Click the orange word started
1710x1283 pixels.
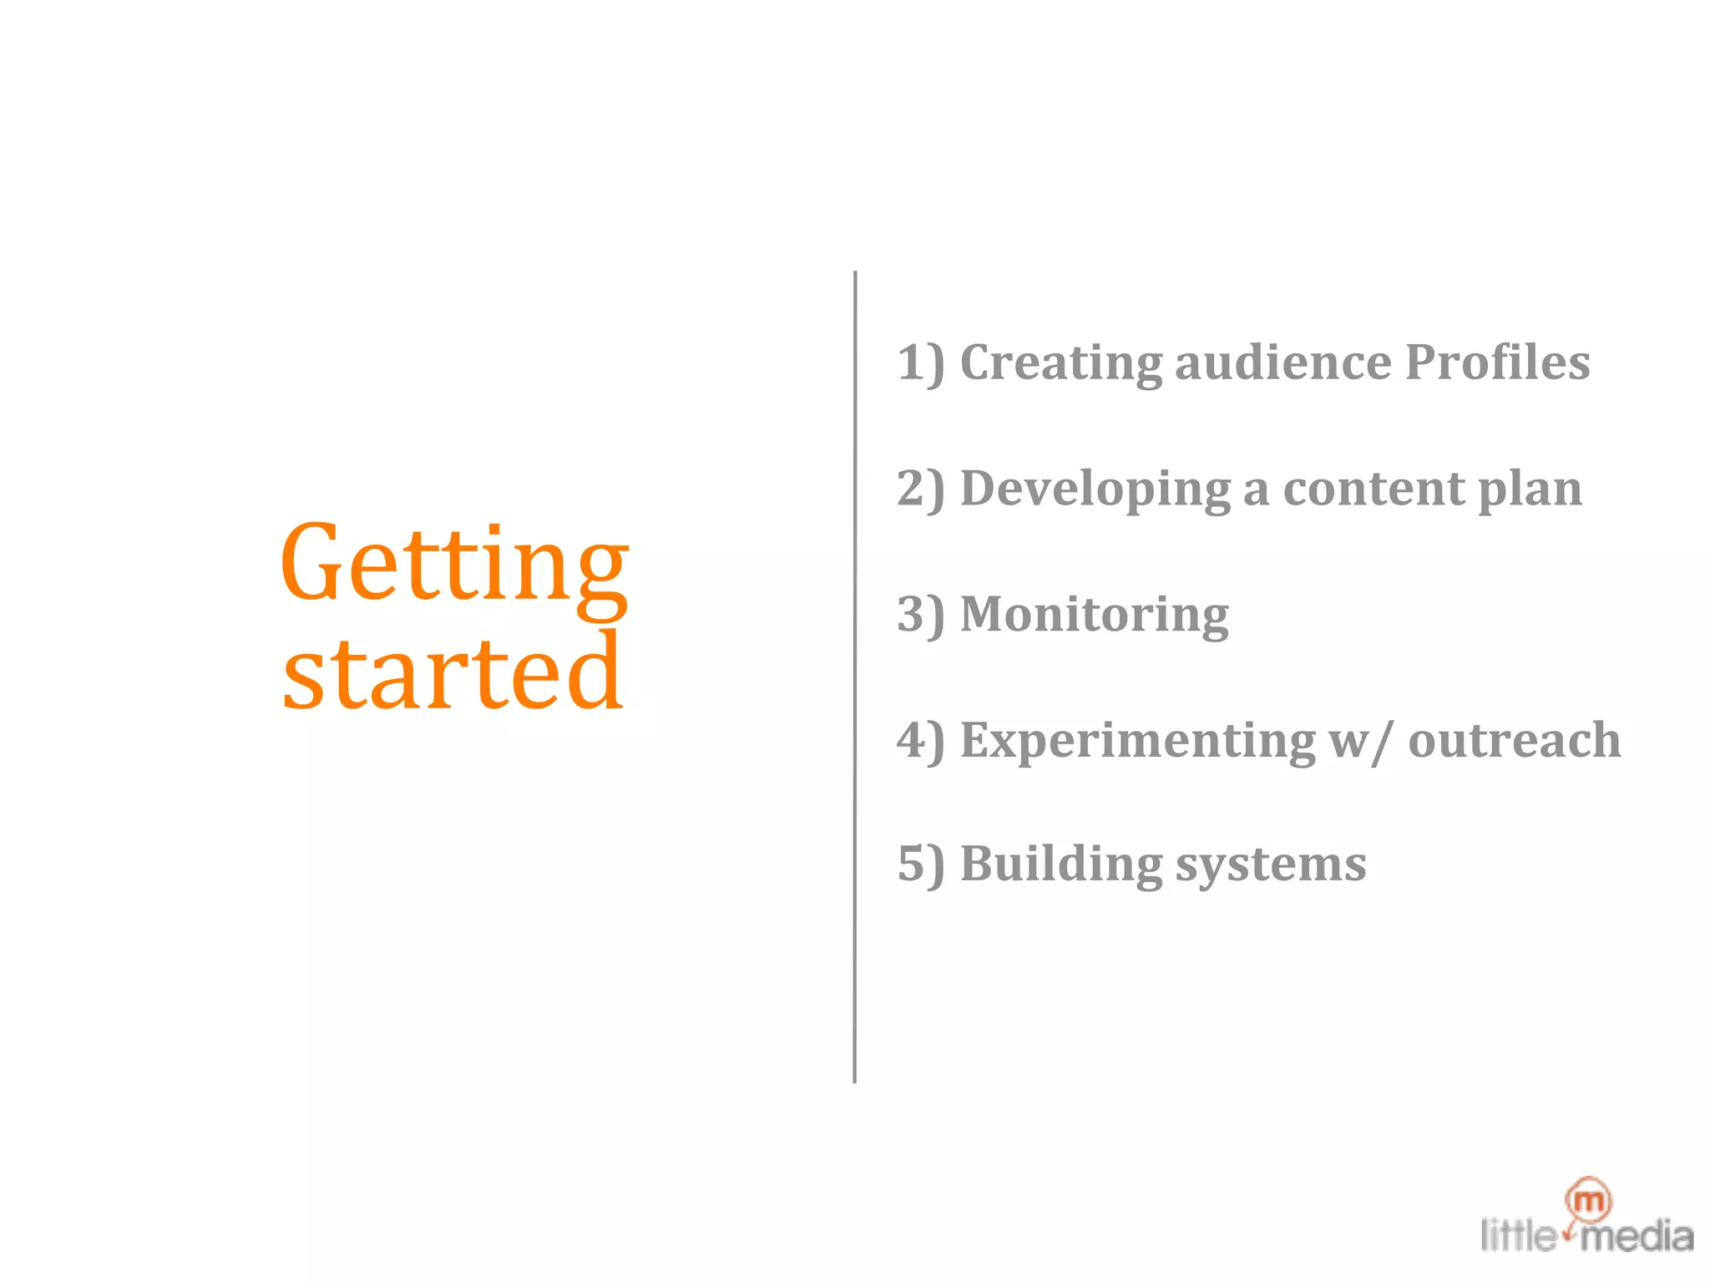453,672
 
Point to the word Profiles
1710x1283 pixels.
1497,363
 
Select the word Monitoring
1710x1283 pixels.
1094,616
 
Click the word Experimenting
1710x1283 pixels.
1137,742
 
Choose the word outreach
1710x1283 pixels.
1514,740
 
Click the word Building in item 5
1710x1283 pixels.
1060,865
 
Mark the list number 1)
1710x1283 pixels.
920,364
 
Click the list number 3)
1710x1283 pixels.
920,616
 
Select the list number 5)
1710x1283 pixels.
920,865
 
